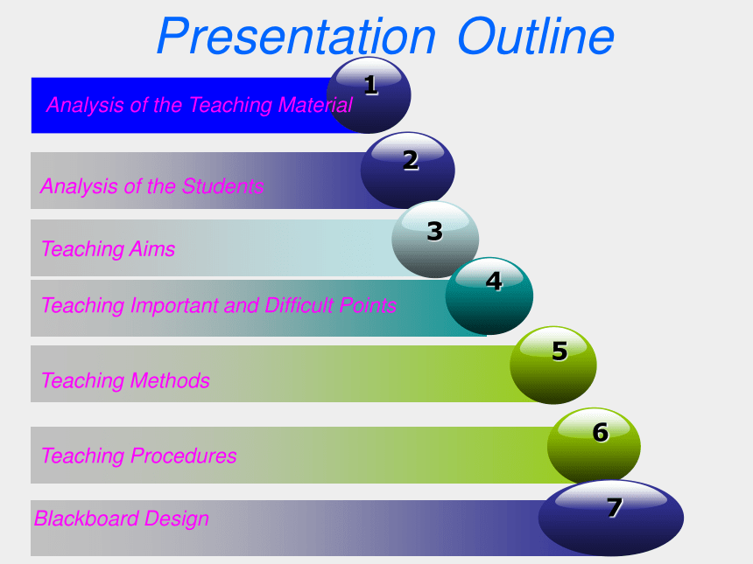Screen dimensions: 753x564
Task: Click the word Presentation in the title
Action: click(x=296, y=37)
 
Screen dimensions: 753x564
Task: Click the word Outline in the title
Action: click(x=536, y=37)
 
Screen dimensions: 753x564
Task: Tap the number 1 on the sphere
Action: click(x=370, y=86)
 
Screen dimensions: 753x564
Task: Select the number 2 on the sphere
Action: click(x=411, y=160)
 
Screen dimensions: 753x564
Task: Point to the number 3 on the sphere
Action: click(x=434, y=231)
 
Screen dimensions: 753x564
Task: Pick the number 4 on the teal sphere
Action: click(x=494, y=281)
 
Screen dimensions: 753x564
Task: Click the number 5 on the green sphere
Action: click(x=559, y=351)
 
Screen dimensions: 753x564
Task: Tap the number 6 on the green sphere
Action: click(x=601, y=433)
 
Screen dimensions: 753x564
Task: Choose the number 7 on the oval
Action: click(x=615, y=507)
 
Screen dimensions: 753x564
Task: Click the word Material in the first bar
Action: click(x=315, y=105)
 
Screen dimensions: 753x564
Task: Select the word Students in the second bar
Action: click(x=222, y=186)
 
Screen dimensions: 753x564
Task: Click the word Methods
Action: click(x=170, y=380)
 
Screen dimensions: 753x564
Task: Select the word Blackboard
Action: click(x=87, y=519)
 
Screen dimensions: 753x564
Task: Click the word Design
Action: click(x=176, y=519)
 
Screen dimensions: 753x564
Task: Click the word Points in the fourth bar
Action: click(x=368, y=305)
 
